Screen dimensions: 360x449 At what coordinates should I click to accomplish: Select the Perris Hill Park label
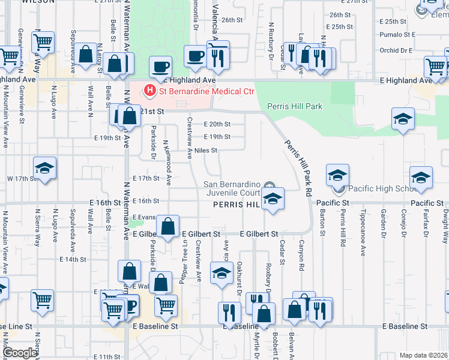coord(295,107)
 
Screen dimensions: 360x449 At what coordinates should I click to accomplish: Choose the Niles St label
coord(205,151)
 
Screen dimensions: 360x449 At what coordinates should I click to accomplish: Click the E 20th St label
coord(217,124)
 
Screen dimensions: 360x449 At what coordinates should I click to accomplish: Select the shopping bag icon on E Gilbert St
coord(169,227)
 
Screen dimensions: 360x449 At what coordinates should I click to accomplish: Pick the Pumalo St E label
coord(396,34)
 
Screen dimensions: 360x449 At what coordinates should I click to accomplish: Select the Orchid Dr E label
coord(397,50)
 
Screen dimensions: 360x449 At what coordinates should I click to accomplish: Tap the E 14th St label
coord(73,259)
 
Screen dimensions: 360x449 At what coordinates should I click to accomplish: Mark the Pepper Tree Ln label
coord(184,262)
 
